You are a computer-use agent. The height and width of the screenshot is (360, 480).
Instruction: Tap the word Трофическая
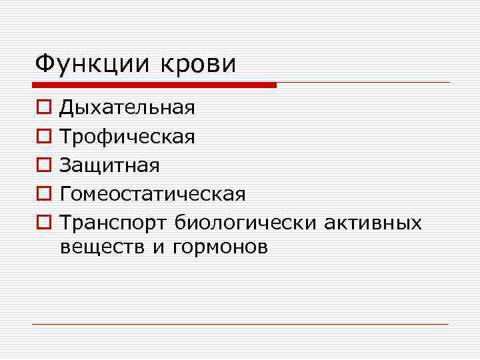pyautogui.click(x=127, y=137)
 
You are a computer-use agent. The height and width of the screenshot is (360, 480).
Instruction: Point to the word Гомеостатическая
pyautogui.click(x=153, y=194)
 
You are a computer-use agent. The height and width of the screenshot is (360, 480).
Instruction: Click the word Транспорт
pyautogui.click(x=113, y=223)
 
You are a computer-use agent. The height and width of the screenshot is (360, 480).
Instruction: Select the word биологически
pyautogui.click(x=246, y=223)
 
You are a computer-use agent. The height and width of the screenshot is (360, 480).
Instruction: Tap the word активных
pyautogui.click(x=373, y=223)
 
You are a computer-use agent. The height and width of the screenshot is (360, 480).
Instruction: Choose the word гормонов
pyautogui.click(x=220, y=247)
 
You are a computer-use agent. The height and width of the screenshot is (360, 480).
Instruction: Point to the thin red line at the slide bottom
pyautogui.click(x=240, y=324)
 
